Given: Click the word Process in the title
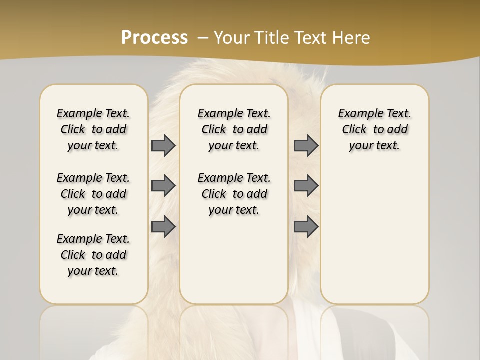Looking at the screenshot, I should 154,37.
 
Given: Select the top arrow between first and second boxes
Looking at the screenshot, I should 163,145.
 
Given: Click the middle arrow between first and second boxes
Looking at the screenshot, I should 163,186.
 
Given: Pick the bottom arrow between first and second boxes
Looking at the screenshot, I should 163,227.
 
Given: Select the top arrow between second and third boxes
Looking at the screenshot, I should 306,145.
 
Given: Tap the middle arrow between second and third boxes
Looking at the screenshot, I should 306,186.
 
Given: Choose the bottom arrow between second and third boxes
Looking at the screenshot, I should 306,227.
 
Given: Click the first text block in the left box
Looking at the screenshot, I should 93,129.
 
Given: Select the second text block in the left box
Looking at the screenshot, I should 93,194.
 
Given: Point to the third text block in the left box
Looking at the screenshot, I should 93,255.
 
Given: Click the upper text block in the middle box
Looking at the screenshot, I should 234,129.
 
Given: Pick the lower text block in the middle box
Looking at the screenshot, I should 234,194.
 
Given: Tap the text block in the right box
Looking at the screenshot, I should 375,129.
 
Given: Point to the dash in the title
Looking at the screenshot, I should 202,37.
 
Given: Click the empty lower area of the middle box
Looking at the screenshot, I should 234,260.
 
